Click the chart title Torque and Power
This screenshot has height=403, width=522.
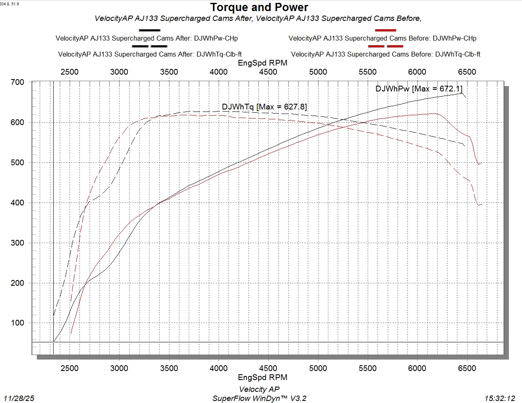pyautogui.click(x=259, y=7)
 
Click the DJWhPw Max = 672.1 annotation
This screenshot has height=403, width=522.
pyautogui.click(x=419, y=89)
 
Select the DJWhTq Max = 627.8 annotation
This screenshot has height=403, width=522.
pyautogui.click(x=264, y=107)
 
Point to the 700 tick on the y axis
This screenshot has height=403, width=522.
pyautogui.click(x=18, y=82)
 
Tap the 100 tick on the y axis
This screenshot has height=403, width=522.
pyautogui.click(x=18, y=323)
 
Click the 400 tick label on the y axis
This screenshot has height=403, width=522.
pyautogui.click(x=18, y=203)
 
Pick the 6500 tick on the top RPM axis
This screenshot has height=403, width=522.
pyautogui.click(x=467, y=72)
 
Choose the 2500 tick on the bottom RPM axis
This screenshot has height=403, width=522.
pyautogui.click(x=70, y=368)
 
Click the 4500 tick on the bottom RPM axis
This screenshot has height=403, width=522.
pyautogui.click(x=268, y=368)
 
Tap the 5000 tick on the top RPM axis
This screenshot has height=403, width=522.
pyautogui.click(x=318, y=72)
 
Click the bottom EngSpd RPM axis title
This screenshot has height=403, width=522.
pyautogui.click(x=262, y=377)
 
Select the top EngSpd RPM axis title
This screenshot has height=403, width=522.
pyautogui.click(x=262, y=63)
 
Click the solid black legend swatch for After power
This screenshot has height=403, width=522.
pyautogui.click(x=149, y=30)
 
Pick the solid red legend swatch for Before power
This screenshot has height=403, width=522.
pyautogui.click(x=385, y=30)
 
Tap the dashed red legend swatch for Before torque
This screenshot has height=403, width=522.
pyautogui.click(x=385, y=46)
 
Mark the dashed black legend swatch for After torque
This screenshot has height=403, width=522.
pyautogui.click(x=149, y=46)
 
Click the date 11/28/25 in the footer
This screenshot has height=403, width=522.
pyautogui.click(x=19, y=398)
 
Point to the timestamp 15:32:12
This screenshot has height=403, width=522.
pyautogui.click(x=499, y=398)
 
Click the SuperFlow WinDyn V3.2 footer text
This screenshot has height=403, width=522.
pyautogui.click(x=259, y=398)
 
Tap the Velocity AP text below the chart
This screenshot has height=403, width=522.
pyautogui.click(x=259, y=389)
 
